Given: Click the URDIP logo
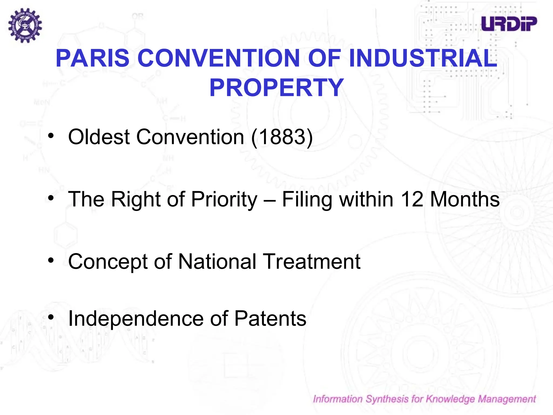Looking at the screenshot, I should (509, 24).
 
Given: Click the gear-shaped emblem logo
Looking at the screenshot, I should (25, 25).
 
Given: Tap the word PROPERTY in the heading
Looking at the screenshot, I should (276, 87).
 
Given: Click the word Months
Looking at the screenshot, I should (464, 199).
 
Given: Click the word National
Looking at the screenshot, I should (217, 262).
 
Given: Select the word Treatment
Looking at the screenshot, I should (312, 262).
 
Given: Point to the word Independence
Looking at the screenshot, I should (136, 319).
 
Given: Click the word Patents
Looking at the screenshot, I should (270, 319).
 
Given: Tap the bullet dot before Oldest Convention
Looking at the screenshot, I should (51, 136).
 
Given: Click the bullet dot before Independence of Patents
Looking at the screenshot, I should (51, 317).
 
